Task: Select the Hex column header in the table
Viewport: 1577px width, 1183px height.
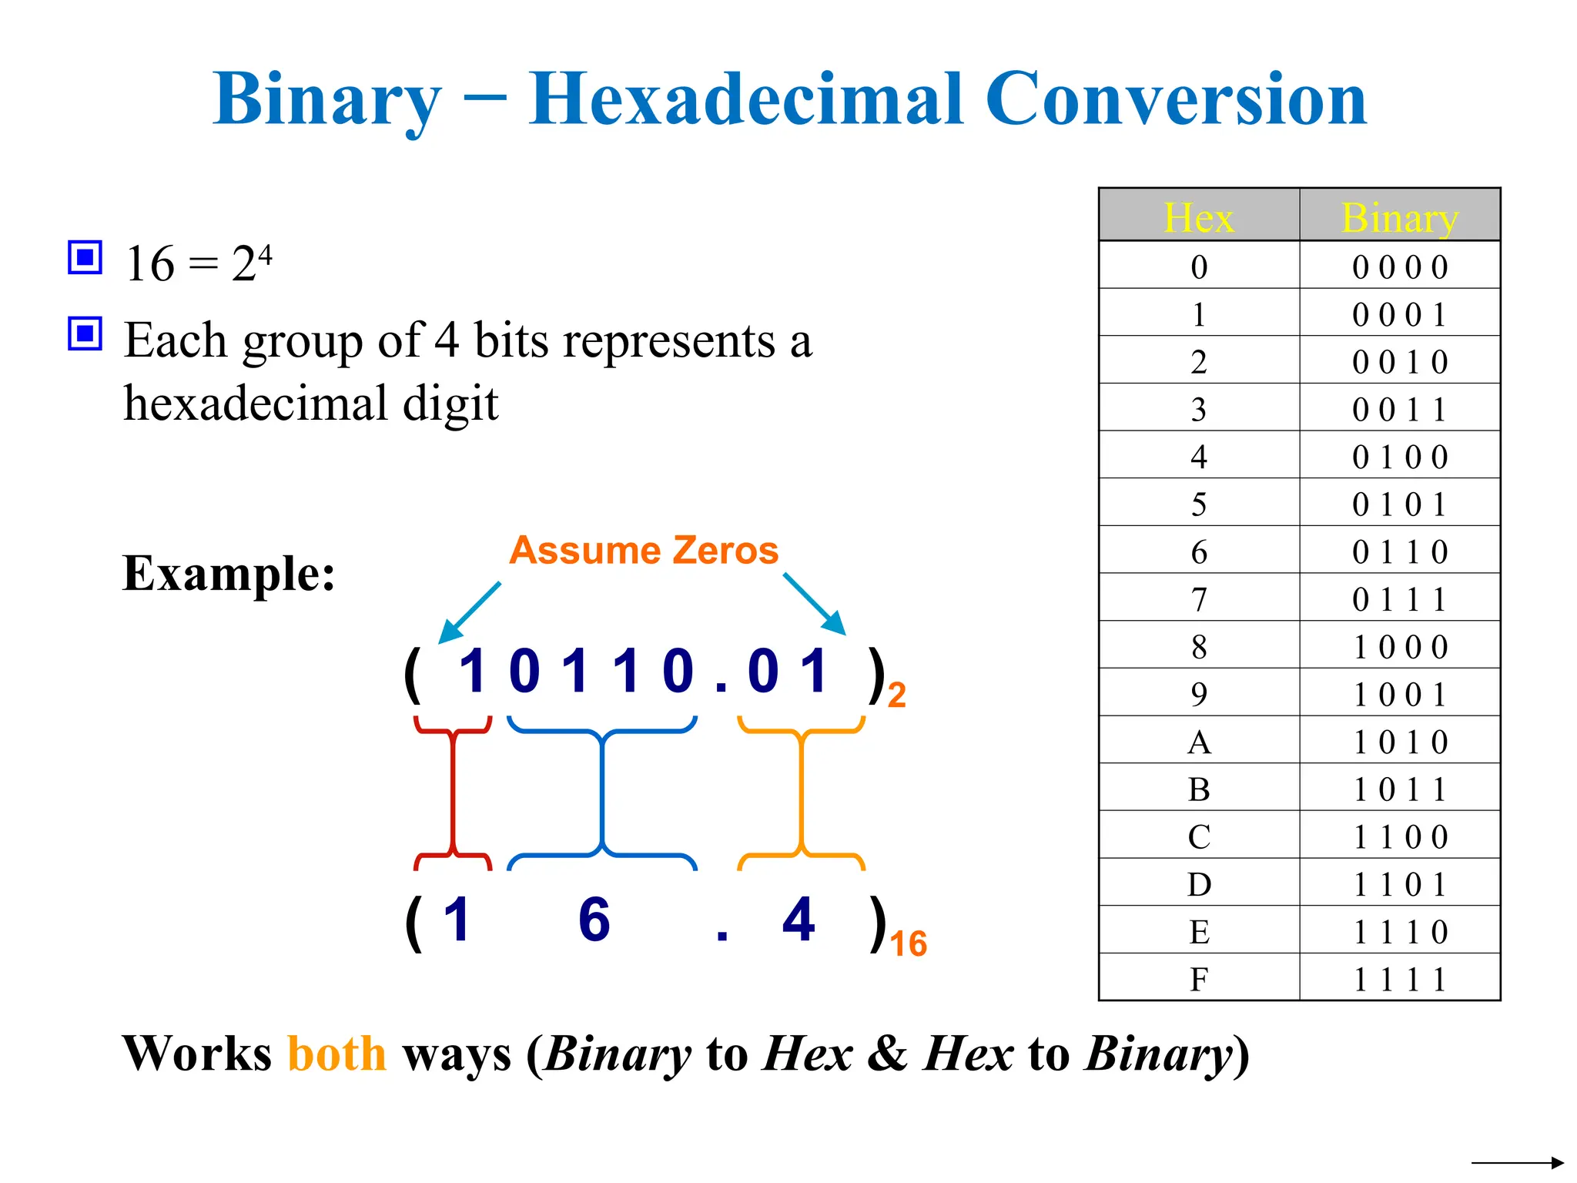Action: click(x=1198, y=217)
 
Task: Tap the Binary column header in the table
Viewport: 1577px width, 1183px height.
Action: click(x=1399, y=217)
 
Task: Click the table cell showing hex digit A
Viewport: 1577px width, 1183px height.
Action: click(x=1198, y=742)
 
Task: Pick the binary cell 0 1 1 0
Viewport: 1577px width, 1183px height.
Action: click(x=1399, y=552)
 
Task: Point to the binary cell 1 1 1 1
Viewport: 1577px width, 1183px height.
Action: click(x=1399, y=980)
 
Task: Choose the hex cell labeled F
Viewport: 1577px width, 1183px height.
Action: click(x=1198, y=980)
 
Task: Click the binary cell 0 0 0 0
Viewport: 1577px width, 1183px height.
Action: click(x=1399, y=267)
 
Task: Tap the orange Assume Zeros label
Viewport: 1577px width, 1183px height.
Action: click(x=644, y=551)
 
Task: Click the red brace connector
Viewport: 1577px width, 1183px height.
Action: click(x=454, y=793)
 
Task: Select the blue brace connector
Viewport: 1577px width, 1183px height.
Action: click(x=601, y=793)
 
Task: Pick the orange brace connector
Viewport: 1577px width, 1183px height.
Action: click(x=802, y=793)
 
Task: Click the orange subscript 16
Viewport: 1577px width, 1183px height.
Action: click(x=908, y=944)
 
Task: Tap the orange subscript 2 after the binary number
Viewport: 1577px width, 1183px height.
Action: click(x=896, y=695)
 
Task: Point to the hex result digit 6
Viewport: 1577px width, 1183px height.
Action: click(x=594, y=920)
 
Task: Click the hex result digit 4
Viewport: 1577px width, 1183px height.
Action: click(x=799, y=920)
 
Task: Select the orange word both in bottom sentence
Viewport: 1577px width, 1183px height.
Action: click(x=336, y=1054)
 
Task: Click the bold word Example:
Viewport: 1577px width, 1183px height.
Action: click(x=229, y=574)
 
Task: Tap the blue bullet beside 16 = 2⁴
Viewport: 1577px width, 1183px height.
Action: click(x=85, y=257)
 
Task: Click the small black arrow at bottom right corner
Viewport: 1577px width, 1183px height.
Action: click(x=1517, y=1163)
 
